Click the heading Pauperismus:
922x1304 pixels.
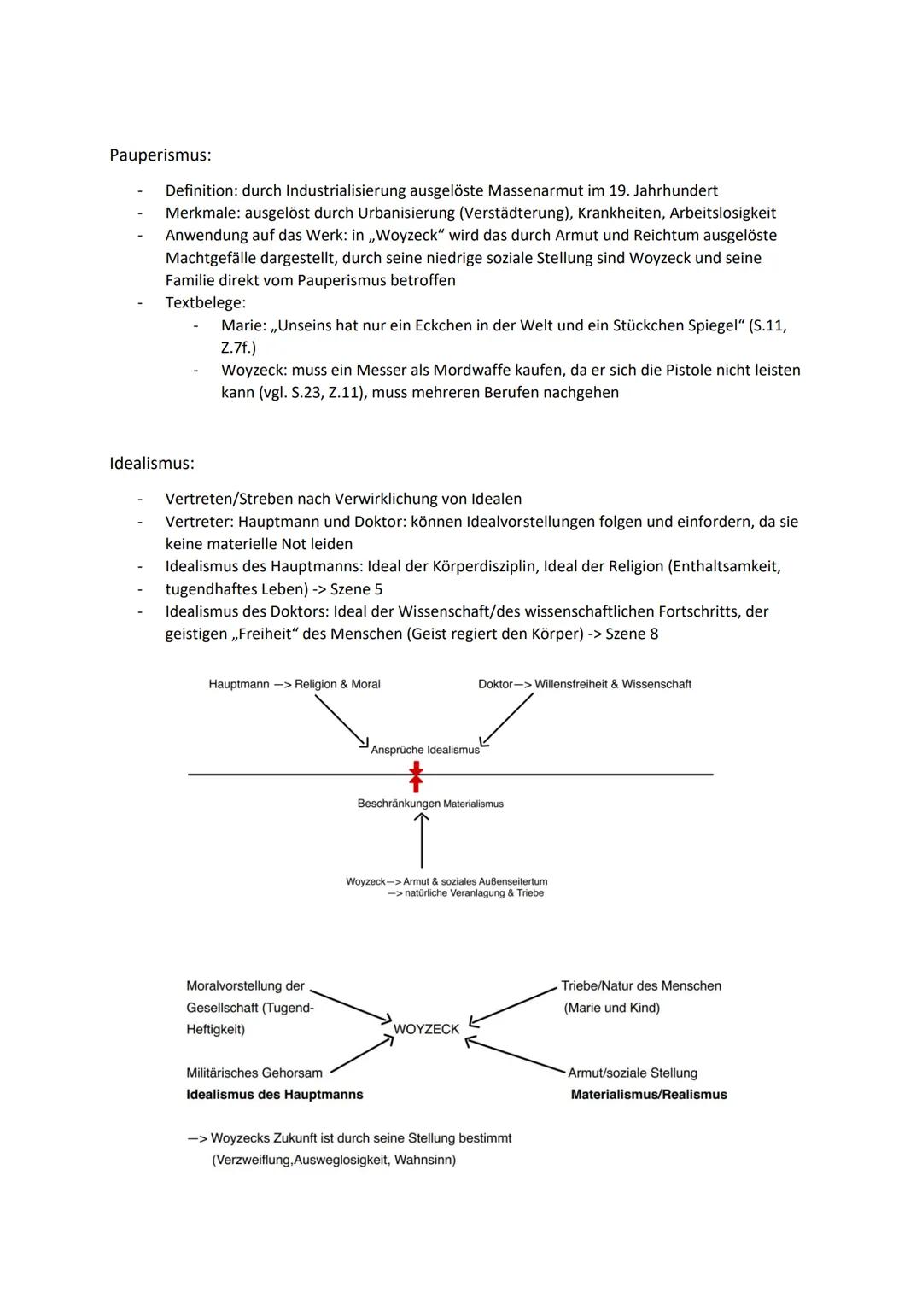click(x=160, y=155)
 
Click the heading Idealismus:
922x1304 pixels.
click(x=152, y=463)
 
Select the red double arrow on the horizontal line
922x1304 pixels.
click(x=416, y=776)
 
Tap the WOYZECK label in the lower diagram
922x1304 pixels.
click(x=426, y=1029)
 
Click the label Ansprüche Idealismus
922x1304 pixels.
click(x=425, y=750)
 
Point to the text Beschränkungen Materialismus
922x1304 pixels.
click(x=430, y=804)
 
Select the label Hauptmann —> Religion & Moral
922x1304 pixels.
click(x=295, y=684)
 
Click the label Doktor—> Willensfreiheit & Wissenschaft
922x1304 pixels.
click(x=585, y=684)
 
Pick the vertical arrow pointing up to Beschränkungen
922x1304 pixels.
click(x=422, y=841)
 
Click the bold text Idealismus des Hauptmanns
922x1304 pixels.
click(x=275, y=1095)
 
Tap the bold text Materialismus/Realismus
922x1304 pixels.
click(x=649, y=1095)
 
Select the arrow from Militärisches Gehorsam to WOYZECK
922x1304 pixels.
click(x=361, y=1055)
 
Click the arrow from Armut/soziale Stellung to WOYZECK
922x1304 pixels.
click(x=516, y=1055)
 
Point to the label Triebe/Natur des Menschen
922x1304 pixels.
click(x=641, y=985)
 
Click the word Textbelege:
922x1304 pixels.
click(x=206, y=302)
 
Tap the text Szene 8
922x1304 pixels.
click(x=632, y=634)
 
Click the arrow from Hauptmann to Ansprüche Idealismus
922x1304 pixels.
click(x=341, y=720)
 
